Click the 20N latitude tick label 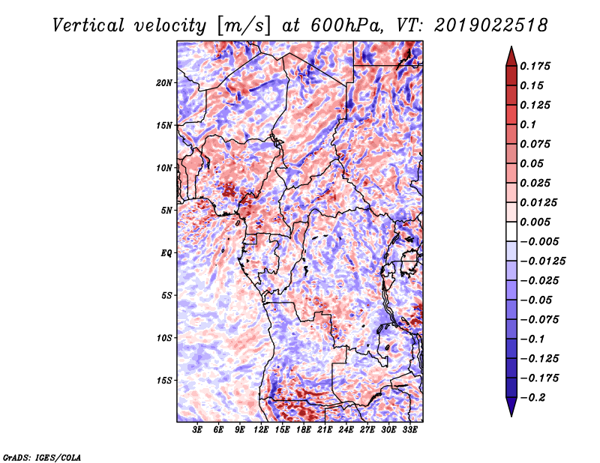click(x=164, y=83)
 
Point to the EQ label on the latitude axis click(x=166, y=253)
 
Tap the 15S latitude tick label click(x=164, y=381)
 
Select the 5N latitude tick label click(x=166, y=211)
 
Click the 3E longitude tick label click(x=197, y=430)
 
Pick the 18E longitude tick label click(x=304, y=430)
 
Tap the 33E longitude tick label click(x=409, y=430)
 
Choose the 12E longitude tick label click(x=261, y=430)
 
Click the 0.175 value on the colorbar click(x=535, y=66)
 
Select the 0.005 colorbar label click(x=535, y=222)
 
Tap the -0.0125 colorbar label click(x=542, y=261)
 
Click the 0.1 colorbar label click(x=528, y=124)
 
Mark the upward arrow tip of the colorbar click(x=511, y=46)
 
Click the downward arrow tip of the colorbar click(x=511, y=416)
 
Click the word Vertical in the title click(x=88, y=25)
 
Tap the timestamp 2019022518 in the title click(x=491, y=25)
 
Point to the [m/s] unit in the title click(x=244, y=26)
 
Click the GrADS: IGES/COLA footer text click(x=42, y=457)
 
